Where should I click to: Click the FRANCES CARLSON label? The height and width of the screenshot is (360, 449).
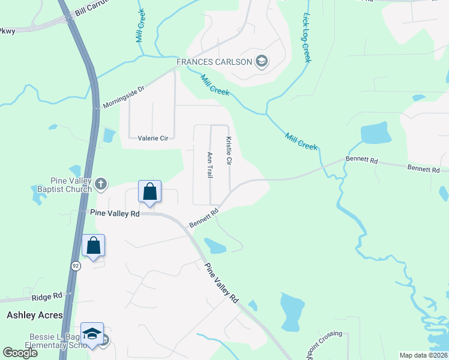(x=214, y=62)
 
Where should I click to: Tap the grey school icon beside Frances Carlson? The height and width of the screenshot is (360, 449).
(x=261, y=61)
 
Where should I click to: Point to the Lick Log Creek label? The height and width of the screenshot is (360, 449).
(x=306, y=38)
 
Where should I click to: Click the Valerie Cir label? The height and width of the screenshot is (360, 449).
(x=153, y=138)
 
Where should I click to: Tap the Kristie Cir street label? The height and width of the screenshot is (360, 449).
(x=229, y=151)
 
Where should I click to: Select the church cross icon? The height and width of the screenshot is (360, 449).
(x=101, y=183)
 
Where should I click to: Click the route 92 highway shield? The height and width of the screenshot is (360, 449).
(x=75, y=266)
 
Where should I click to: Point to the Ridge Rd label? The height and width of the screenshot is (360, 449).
(x=47, y=296)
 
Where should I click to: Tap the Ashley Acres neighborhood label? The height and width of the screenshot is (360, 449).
(x=34, y=315)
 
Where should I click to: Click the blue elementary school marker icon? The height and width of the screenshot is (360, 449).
(x=92, y=334)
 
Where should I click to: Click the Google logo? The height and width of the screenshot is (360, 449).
(x=20, y=353)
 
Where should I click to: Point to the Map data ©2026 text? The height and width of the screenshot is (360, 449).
(x=423, y=355)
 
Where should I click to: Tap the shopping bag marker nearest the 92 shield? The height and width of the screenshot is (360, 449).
(x=93, y=245)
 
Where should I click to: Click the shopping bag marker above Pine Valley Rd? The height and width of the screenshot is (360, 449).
(x=149, y=192)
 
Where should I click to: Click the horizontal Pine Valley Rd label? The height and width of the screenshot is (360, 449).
(x=115, y=213)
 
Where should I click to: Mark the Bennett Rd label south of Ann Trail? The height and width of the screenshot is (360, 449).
(x=203, y=217)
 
